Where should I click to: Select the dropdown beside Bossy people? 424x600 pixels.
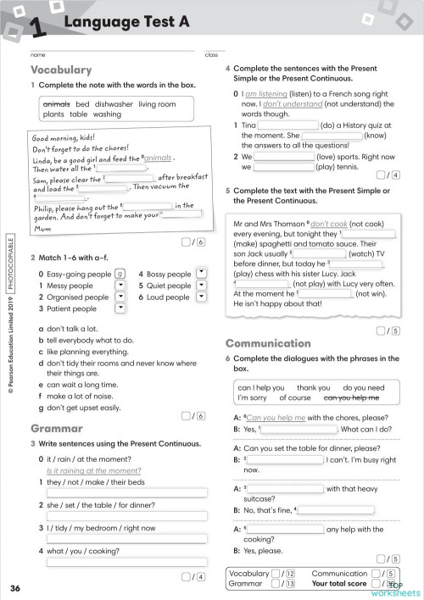click(201, 274)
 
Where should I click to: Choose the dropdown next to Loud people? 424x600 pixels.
click(201, 297)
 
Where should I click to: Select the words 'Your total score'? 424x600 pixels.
click(339, 583)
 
